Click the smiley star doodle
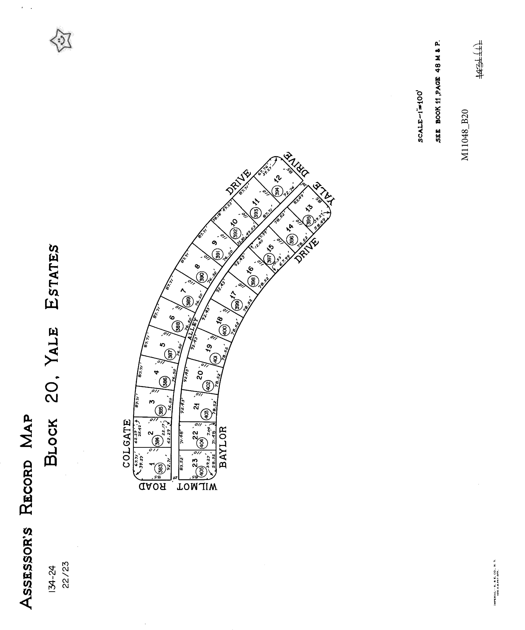(61, 40)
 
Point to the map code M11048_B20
(465, 135)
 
